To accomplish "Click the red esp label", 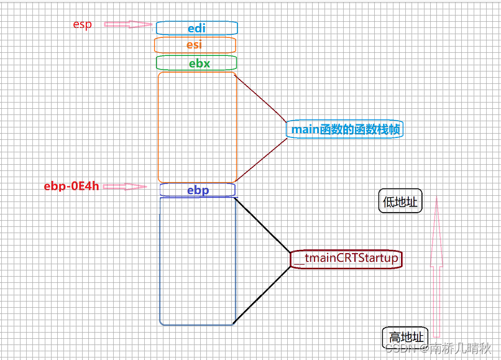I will (x=82, y=25).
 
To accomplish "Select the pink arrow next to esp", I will (x=128, y=25).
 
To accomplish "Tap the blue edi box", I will (x=196, y=28).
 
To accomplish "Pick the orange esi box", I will (x=195, y=45).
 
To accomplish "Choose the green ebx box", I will (x=196, y=63).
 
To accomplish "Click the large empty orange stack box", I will (x=197, y=127).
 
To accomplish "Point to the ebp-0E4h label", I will (x=71, y=186).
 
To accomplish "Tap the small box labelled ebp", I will (x=197, y=190).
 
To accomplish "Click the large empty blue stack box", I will (x=198, y=261).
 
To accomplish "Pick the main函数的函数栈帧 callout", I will (x=345, y=129).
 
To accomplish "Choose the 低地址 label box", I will (x=400, y=201).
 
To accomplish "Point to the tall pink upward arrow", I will (x=436, y=267).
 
